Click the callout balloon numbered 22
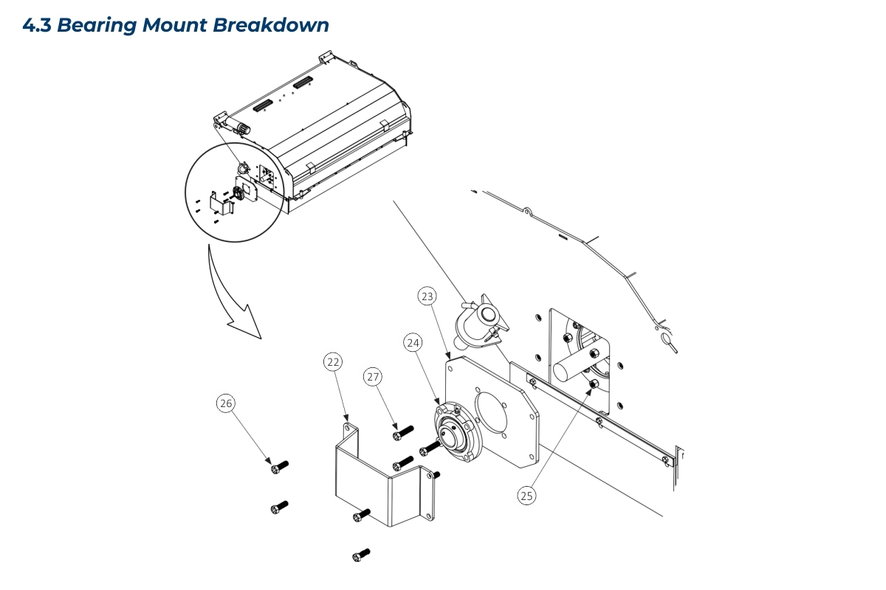click(x=334, y=362)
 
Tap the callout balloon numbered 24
click(x=413, y=343)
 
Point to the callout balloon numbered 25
click(x=526, y=496)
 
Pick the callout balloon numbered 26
click(x=226, y=403)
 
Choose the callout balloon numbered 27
click(x=373, y=377)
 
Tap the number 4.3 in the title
click(x=38, y=25)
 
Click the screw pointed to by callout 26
click(x=279, y=466)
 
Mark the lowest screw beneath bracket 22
click(x=361, y=554)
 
